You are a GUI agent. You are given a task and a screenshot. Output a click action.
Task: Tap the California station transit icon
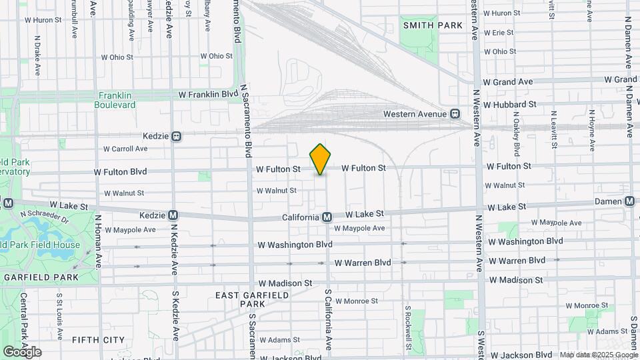327,217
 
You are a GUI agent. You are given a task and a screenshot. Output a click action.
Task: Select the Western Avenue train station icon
455,114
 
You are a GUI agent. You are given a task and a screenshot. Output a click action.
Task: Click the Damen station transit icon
629,201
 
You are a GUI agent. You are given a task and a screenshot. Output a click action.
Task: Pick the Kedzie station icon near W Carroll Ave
177,136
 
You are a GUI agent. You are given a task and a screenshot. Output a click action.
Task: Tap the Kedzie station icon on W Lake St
173,215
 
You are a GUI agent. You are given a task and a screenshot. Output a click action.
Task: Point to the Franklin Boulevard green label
117,100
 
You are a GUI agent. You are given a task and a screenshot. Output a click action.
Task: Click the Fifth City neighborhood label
99,339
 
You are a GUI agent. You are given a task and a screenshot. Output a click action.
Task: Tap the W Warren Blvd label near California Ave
363,263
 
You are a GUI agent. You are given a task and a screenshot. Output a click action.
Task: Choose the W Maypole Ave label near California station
359,228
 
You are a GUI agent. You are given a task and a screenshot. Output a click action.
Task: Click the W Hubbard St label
509,104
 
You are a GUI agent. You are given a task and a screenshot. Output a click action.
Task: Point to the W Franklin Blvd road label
208,95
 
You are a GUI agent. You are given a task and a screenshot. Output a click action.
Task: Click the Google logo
22,351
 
